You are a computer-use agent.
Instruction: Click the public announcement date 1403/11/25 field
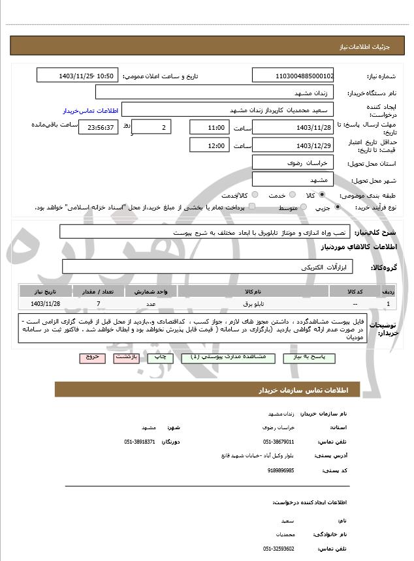[x=77, y=76]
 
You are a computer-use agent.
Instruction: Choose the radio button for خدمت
[x=291, y=195]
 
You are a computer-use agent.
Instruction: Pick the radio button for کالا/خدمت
[x=255, y=195]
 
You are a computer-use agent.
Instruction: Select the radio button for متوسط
[x=302, y=207]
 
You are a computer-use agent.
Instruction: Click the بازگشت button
[x=125, y=358]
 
